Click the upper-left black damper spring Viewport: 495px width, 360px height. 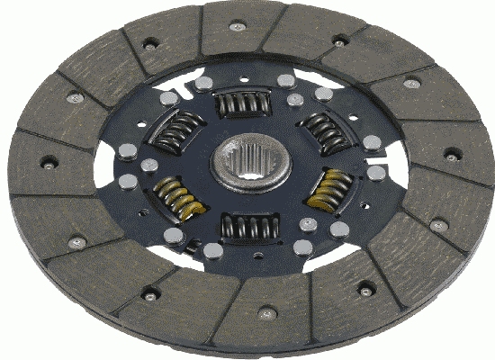tap(171, 133)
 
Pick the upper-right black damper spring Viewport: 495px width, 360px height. tap(325, 132)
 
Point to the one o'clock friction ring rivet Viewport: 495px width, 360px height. tap(338, 40)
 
